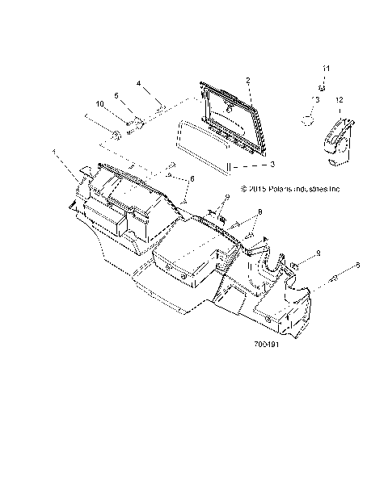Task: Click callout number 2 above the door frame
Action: pyautogui.click(x=247, y=81)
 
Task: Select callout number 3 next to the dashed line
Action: pyautogui.click(x=272, y=165)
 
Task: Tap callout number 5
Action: pyautogui.click(x=117, y=96)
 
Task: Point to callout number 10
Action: pyautogui.click(x=100, y=104)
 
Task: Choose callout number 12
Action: pyautogui.click(x=339, y=99)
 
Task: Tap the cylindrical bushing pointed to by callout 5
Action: pyautogui.click(x=138, y=123)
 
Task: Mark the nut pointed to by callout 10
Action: pyautogui.click(x=117, y=133)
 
